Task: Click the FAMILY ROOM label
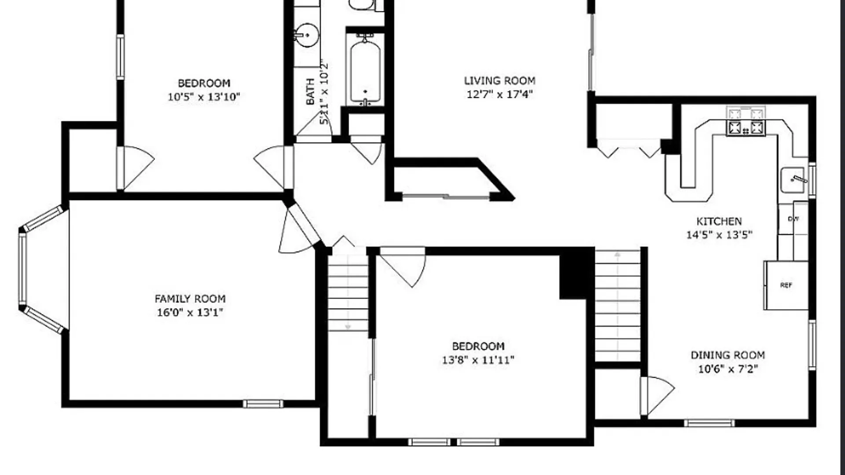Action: (190, 299)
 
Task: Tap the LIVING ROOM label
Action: (500, 80)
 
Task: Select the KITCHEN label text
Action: (719, 221)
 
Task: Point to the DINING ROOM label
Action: (728, 355)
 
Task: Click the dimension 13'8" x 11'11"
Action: (478, 360)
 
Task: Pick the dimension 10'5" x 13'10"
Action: (204, 97)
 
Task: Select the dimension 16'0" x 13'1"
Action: (190, 312)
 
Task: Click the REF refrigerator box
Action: (786, 285)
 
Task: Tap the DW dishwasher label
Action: (793, 219)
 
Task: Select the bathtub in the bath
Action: (365, 70)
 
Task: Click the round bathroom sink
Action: (306, 35)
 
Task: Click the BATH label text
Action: (310, 91)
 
